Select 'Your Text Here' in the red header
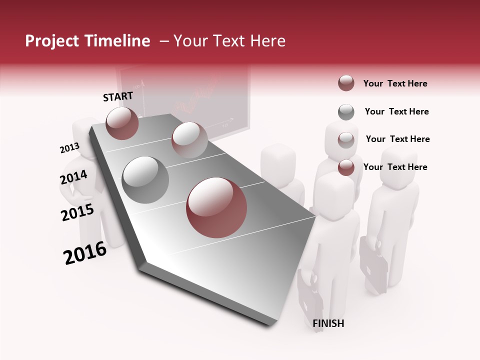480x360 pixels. tap(229, 41)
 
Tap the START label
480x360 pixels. tap(118, 96)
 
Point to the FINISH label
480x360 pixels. tap(328, 323)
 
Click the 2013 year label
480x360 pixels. tap(69, 148)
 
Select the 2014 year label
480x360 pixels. tap(73, 177)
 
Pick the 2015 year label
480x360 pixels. tap(77, 212)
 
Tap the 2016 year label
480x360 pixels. tap(85, 253)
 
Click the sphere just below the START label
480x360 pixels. tap(122, 123)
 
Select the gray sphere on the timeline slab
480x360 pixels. tap(145, 179)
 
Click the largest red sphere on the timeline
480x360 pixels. tap(216, 207)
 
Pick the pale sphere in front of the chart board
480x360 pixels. tap(189, 139)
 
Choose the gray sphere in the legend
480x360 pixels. tap(346, 112)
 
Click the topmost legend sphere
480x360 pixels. tap(346, 83)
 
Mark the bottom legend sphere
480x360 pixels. tap(346, 167)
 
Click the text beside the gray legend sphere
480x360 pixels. tap(396, 111)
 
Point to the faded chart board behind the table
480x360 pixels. tap(182, 95)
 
